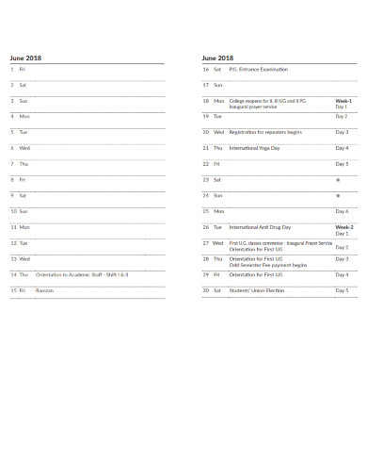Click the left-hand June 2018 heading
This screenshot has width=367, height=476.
pos(25,57)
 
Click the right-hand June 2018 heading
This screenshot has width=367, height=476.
pos(217,57)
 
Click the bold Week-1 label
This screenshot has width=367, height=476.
pos(343,99)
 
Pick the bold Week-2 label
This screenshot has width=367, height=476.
pos(343,227)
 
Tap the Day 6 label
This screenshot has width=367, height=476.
pos(342,211)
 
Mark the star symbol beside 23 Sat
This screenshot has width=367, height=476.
pos(338,180)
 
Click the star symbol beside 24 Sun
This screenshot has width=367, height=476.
pos(338,196)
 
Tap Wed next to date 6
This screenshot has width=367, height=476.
pos(24,148)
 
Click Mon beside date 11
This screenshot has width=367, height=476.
pos(24,227)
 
